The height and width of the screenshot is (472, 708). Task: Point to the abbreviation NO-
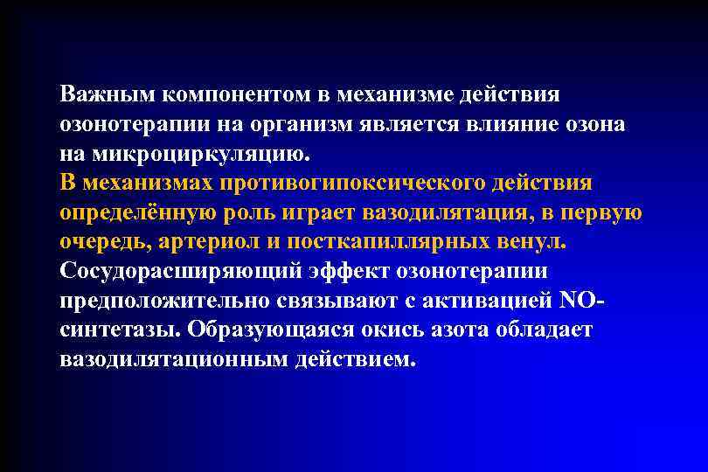pos(583,302)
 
